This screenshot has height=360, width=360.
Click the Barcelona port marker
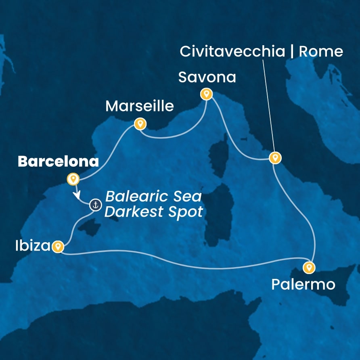click(73, 178)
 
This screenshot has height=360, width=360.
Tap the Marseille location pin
click(140, 123)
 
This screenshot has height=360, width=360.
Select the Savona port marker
click(206, 94)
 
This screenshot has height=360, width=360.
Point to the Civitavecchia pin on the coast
click(274, 157)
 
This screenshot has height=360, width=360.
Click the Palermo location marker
click(309, 267)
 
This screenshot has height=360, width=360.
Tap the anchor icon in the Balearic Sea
click(96, 205)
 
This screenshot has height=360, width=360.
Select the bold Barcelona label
click(58, 162)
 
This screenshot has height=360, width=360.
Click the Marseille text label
click(139, 106)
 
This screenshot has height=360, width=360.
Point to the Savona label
click(207, 77)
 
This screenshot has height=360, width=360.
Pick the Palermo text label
click(303, 285)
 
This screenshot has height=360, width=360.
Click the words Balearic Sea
click(153, 197)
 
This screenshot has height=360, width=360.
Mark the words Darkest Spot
click(153, 211)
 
